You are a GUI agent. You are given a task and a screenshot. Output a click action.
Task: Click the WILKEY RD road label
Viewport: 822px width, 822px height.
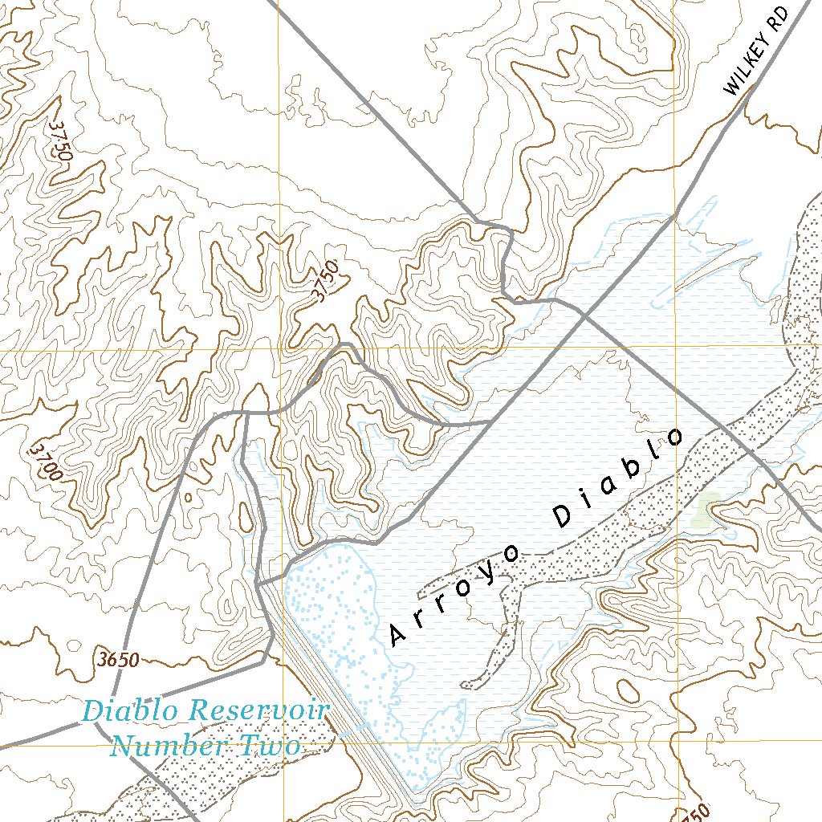(x=756, y=49)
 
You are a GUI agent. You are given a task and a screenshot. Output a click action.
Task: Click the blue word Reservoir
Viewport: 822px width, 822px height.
(x=258, y=710)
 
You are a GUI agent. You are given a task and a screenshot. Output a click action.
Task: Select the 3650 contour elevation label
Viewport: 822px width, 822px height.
(x=116, y=661)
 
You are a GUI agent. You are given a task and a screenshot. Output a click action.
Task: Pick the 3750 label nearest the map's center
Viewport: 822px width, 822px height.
(x=328, y=282)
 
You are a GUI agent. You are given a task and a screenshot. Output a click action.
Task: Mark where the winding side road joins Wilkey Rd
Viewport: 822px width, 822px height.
(x=490, y=421)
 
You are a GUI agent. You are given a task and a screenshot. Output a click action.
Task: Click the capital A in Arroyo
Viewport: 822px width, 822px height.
(x=398, y=634)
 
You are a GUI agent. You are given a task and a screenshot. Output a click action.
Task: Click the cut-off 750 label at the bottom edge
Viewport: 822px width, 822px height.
(x=696, y=813)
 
